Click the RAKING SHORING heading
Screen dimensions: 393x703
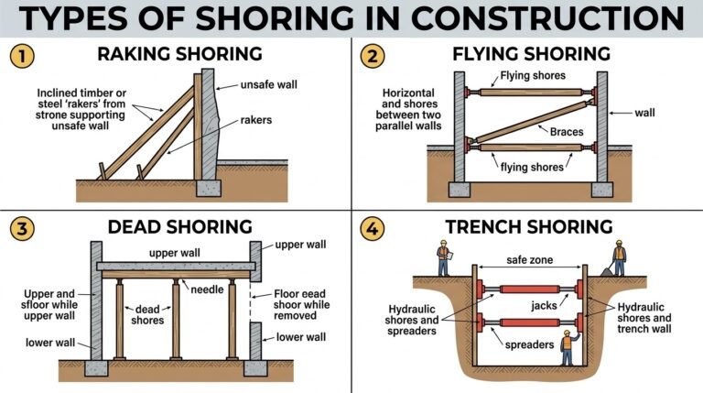(178, 54)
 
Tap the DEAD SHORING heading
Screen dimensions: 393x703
(178, 225)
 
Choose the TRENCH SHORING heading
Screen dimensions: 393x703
(528, 225)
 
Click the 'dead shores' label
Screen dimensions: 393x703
(146, 315)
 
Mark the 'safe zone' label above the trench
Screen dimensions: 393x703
(529, 260)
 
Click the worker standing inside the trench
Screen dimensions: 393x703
(567, 347)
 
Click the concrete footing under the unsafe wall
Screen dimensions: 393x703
(208, 189)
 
